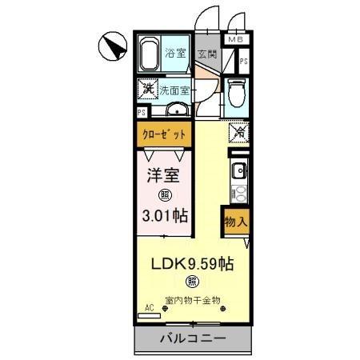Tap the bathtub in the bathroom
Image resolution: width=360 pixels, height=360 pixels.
point(151,54)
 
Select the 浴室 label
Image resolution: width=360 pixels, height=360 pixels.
point(177,54)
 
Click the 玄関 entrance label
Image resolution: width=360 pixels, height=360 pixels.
point(206,54)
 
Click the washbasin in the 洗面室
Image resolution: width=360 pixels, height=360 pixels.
point(178,110)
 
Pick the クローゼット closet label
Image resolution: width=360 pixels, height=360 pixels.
point(165,135)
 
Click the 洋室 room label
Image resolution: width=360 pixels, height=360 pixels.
point(163,175)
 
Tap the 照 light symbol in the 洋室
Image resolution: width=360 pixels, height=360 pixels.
point(163,194)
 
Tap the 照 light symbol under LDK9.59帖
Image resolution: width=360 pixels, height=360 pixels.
point(192,281)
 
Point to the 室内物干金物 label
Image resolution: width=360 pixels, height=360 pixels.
point(193,302)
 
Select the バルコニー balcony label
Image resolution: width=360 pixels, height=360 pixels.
point(194,338)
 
